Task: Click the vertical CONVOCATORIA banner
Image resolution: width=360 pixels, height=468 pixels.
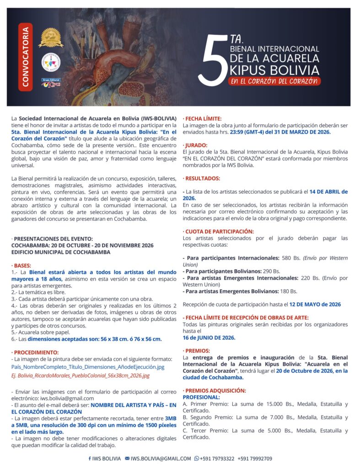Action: click(x=26, y=57)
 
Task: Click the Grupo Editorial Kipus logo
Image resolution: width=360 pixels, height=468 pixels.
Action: click(x=51, y=83)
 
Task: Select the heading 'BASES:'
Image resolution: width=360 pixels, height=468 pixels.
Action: click(x=21, y=265)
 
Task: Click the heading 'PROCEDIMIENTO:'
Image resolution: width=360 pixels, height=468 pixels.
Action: click(x=35, y=352)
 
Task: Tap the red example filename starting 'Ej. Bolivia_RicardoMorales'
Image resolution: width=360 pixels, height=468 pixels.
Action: click(x=81, y=376)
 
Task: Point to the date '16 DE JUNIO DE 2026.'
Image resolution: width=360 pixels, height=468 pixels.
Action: click(x=209, y=337)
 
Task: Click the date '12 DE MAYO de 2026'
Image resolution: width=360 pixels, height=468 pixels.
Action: click(x=315, y=304)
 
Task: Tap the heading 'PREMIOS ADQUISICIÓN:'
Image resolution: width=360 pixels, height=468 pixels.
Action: click(x=214, y=391)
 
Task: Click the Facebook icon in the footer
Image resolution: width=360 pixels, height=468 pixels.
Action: click(x=90, y=458)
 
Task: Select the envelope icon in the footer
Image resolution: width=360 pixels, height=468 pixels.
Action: click(x=127, y=458)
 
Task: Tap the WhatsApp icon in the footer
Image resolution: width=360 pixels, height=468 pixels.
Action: click(x=197, y=458)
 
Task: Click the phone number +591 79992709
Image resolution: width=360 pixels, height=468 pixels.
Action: click(x=255, y=458)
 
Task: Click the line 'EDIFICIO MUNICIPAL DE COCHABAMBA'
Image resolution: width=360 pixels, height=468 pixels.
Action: click(x=61, y=252)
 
